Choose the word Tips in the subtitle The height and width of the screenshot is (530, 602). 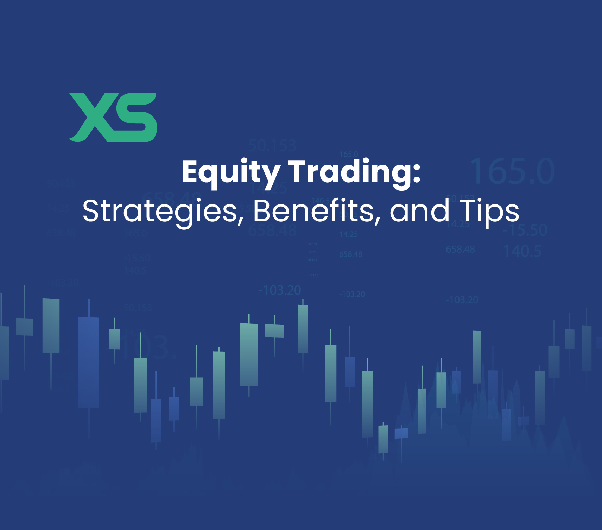coord(489,211)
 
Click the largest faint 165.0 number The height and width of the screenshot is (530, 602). coord(512,171)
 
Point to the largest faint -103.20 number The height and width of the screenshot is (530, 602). coord(280,290)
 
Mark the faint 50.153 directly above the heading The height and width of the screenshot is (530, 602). coord(272,146)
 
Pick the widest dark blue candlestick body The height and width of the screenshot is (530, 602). coord(89,362)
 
